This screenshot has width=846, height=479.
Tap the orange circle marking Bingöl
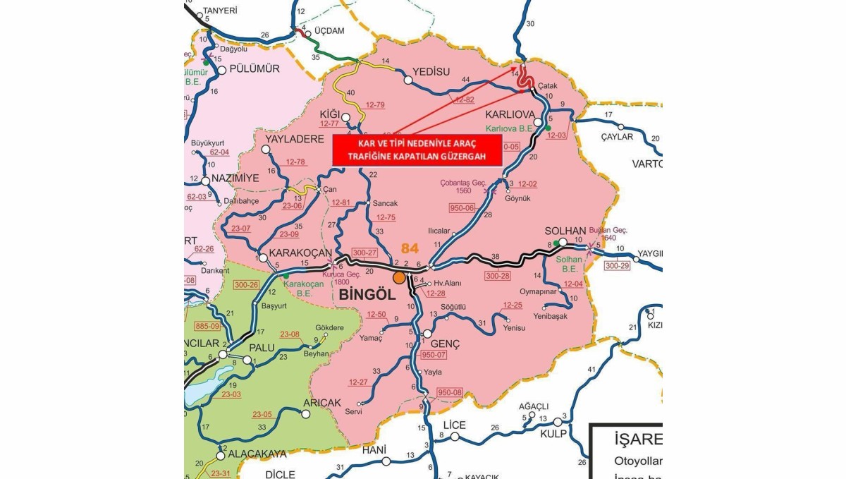pyautogui.click(x=400, y=277)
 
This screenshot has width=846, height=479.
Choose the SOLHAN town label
pyautogui.click(x=565, y=231)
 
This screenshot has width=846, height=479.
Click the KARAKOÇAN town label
pyautogui.click(x=298, y=252)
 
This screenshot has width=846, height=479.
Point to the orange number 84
pyautogui.click(x=410, y=248)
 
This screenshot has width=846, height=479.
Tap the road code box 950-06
pyautogui.click(x=462, y=207)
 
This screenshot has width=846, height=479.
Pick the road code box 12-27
pyautogui.click(x=358, y=382)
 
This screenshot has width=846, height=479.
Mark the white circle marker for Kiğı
pyautogui.click(x=347, y=116)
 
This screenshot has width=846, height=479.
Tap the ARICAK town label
pyautogui.click(x=321, y=402)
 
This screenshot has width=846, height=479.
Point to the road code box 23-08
pyautogui.click(x=290, y=334)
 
